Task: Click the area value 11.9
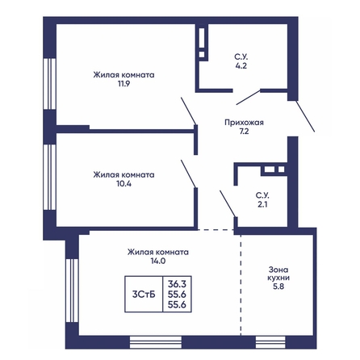(123, 84)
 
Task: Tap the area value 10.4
(123, 184)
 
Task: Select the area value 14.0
(158, 261)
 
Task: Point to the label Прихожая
(244, 123)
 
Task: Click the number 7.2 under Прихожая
(244, 132)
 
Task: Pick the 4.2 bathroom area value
(241, 65)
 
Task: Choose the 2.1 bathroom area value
(262, 204)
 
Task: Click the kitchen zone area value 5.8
(278, 287)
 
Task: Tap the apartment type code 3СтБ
(144, 295)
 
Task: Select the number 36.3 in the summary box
(177, 284)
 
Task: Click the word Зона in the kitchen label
(278, 270)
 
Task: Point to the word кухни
(278, 278)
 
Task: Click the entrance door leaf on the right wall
(305, 116)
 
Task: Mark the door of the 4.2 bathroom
(248, 98)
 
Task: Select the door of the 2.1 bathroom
(228, 203)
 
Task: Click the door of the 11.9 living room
(189, 111)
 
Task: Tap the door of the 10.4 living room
(188, 174)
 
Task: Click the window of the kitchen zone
(270, 342)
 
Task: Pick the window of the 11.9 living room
(49, 84)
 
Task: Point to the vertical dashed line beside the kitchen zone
(241, 285)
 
